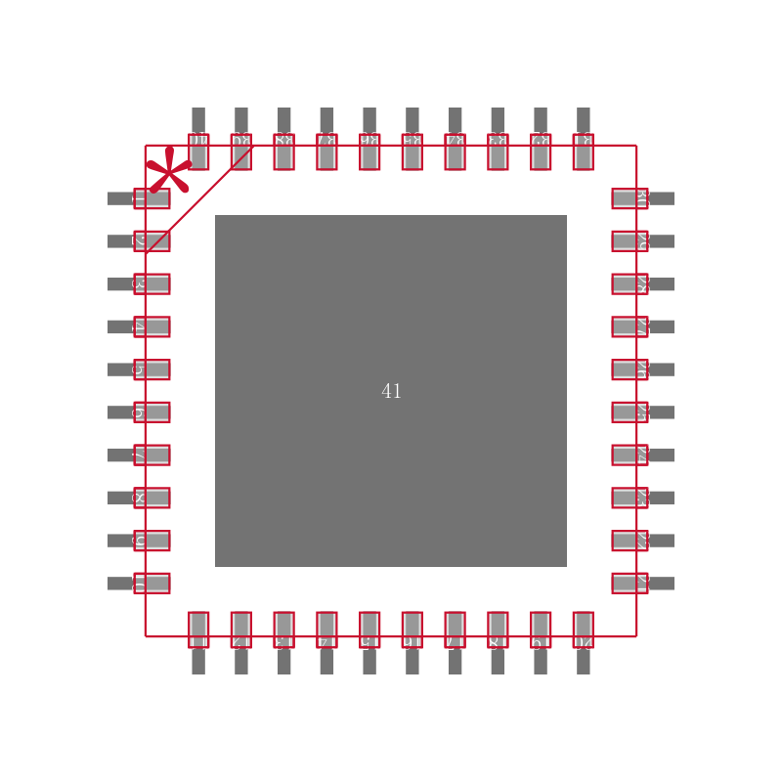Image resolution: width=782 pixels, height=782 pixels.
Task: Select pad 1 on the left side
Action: coord(152,198)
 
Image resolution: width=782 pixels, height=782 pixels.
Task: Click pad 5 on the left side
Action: coord(152,369)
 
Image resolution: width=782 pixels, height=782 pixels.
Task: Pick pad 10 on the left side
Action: coord(152,584)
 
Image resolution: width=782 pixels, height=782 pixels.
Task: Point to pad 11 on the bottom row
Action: coord(198,630)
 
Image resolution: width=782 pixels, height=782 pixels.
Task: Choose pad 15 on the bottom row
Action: coord(369,630)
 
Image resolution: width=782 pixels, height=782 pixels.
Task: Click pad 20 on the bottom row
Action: coord(584,630)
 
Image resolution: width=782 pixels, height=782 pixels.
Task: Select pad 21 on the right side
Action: coord(630,584)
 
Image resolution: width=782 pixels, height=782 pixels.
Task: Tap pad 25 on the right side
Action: coord(630,413)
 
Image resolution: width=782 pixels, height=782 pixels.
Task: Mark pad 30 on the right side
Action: coord(630,198)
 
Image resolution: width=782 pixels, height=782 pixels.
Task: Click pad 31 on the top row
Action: coord(584,152)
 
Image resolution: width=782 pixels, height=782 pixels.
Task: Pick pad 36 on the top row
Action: coord(369,152)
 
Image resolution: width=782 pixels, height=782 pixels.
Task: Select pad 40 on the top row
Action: coord(198,152)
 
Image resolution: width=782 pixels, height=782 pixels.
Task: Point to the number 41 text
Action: coord(391,392)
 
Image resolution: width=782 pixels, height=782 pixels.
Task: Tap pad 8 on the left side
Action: coord(152,498)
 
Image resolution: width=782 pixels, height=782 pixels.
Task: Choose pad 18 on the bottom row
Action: coord(498,630)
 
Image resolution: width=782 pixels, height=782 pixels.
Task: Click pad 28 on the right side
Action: coord(630,284)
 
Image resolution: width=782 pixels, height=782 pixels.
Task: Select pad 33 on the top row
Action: coord(498,152)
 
